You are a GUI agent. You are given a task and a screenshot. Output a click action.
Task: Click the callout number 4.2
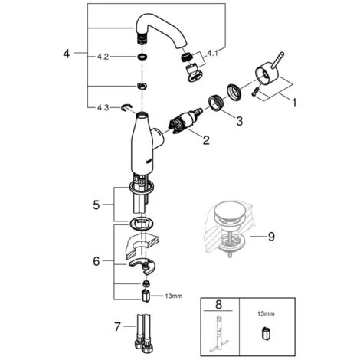tap(103, 57)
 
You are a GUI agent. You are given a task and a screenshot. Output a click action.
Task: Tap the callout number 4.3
tap(103, 108)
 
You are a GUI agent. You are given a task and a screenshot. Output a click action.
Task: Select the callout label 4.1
tap(212, 54)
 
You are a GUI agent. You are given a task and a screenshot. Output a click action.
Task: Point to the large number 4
tap(67, 54)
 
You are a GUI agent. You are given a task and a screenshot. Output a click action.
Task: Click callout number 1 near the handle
tap(294, 103)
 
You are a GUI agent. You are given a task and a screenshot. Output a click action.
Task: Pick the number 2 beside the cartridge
tap(206, 140)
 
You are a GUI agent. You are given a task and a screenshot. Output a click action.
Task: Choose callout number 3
tap(239, 121)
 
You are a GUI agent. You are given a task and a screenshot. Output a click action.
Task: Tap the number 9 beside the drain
tap(271, 237)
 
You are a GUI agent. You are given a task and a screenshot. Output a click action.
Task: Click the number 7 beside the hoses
tap(117, 327)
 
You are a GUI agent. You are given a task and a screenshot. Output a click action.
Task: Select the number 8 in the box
tap(219, 305)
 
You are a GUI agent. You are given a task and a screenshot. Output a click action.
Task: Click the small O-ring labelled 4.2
tap(142, 57)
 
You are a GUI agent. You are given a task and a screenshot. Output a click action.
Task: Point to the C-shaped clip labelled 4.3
tap(126, 108)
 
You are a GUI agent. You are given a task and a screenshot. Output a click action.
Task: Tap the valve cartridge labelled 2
tap(185, 121)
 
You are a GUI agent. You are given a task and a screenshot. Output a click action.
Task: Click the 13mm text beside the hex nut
tap(174, 296)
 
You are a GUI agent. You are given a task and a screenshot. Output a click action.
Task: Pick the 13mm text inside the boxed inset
tap(266, 313)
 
